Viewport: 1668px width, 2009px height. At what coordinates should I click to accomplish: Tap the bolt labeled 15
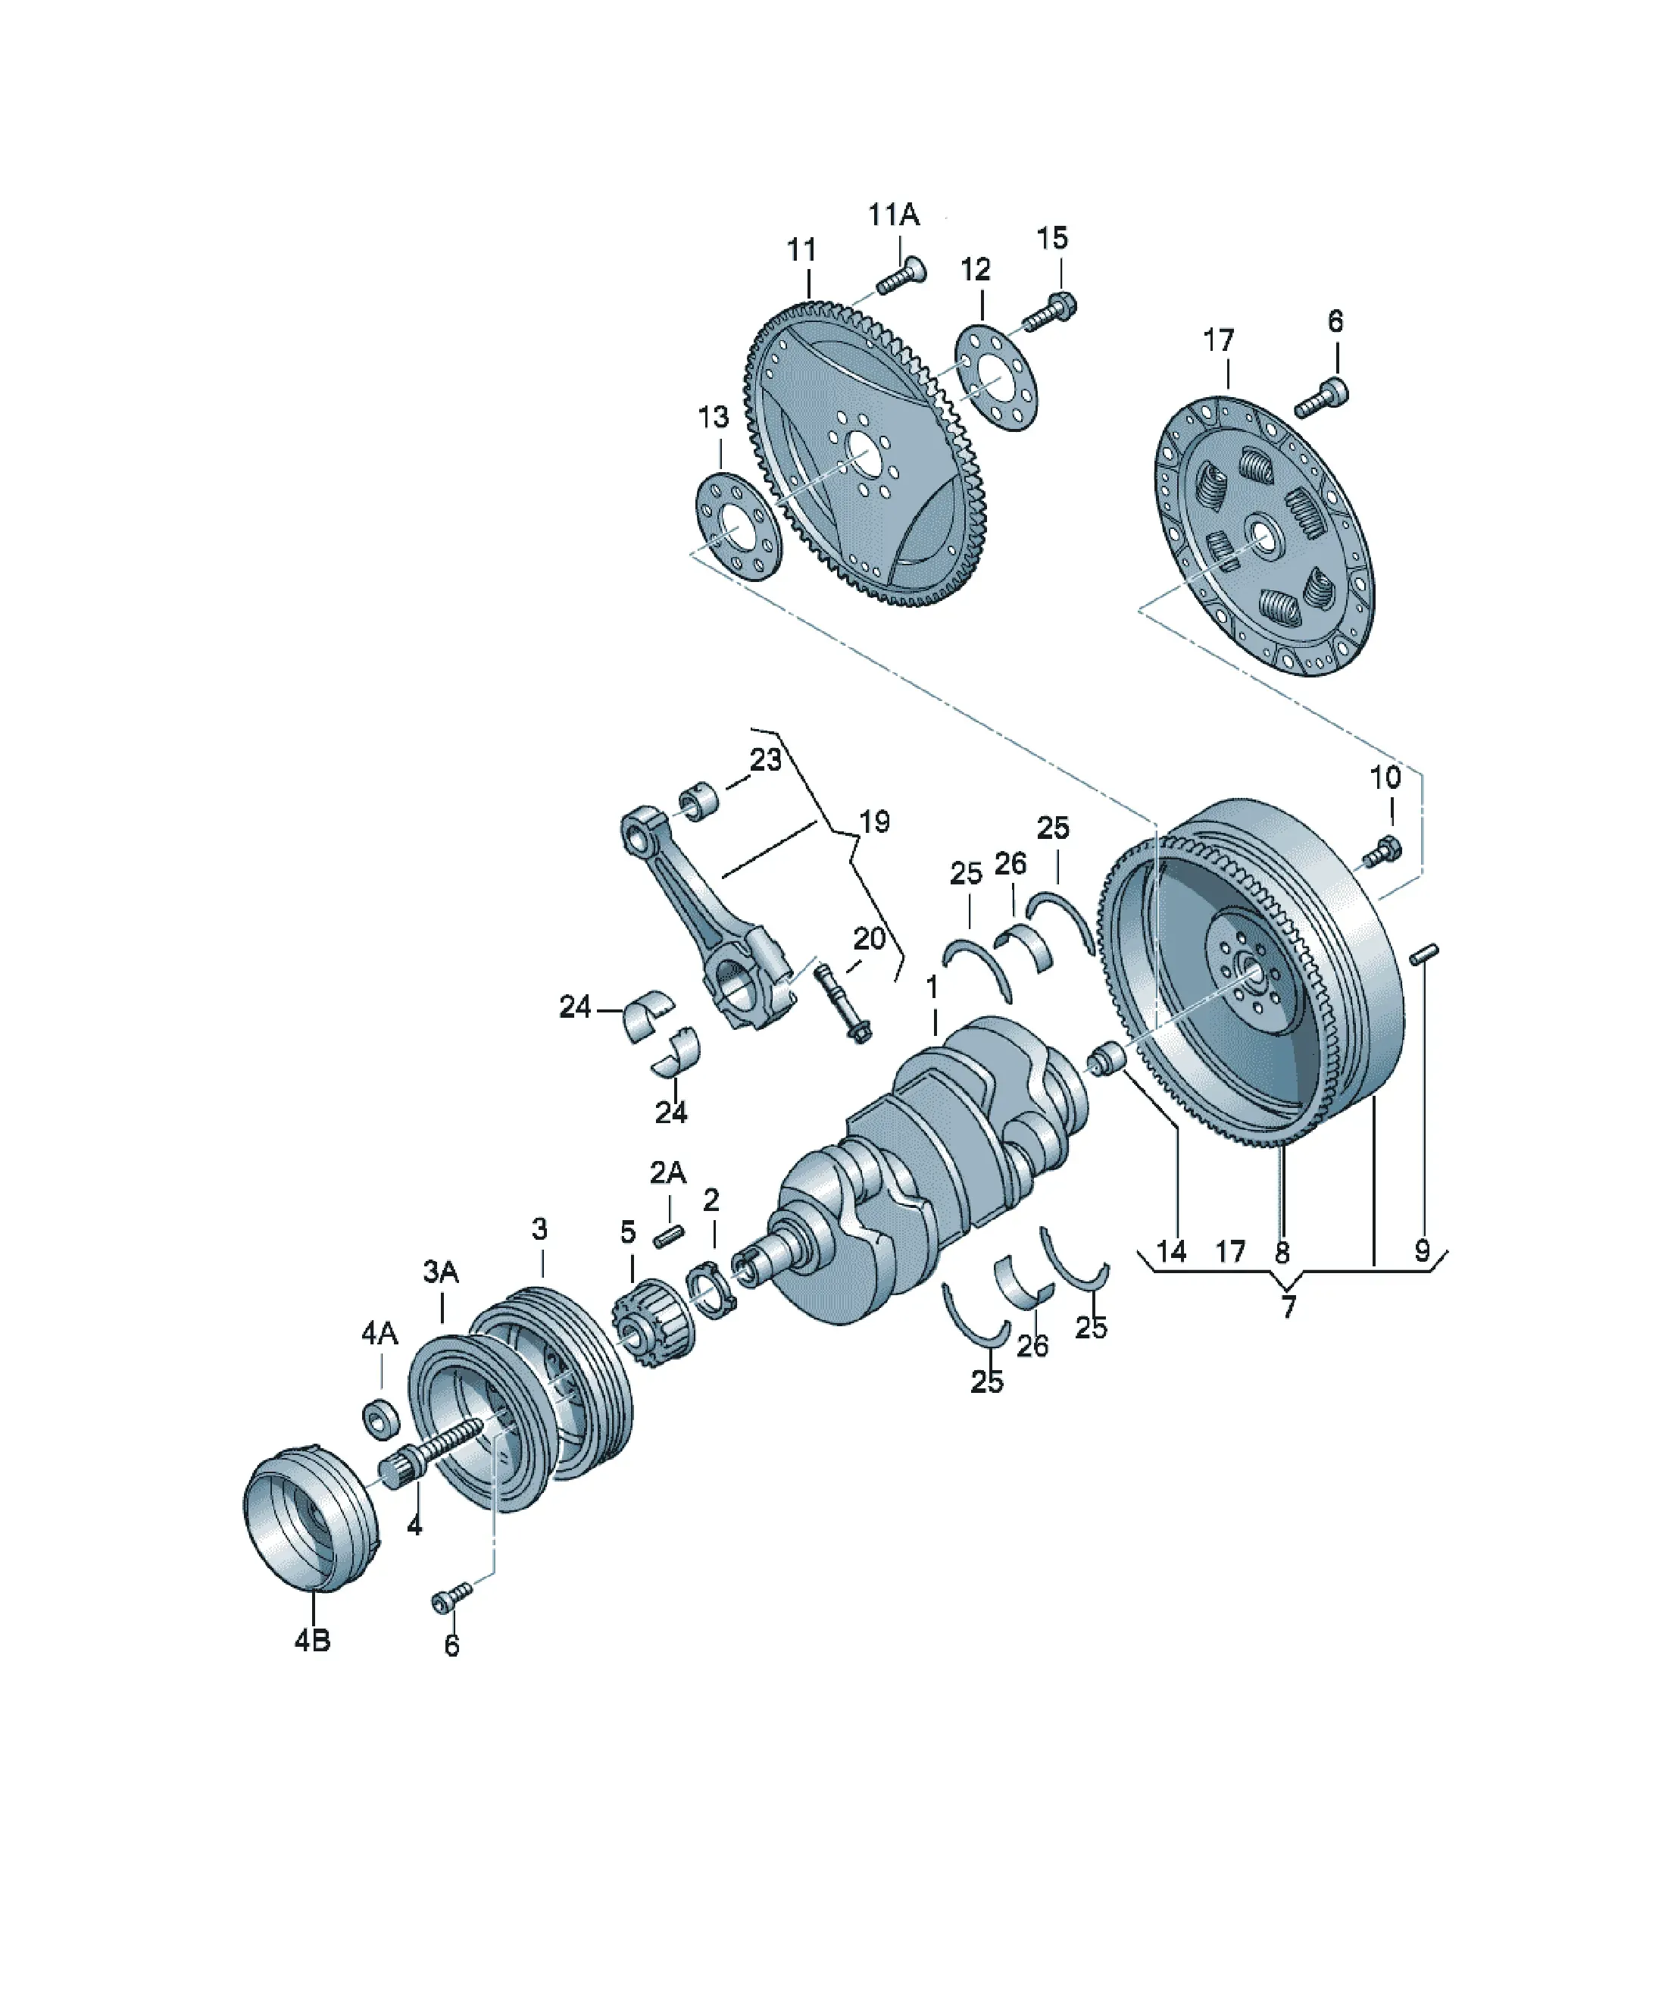(1050, 313)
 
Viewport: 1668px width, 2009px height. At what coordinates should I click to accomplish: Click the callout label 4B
(312, 1640)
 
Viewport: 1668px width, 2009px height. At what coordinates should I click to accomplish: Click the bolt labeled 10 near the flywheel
(1381, 850)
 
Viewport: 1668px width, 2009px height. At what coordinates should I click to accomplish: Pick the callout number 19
(874, 821)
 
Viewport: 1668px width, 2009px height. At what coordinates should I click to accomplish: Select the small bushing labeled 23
(699, 802)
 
